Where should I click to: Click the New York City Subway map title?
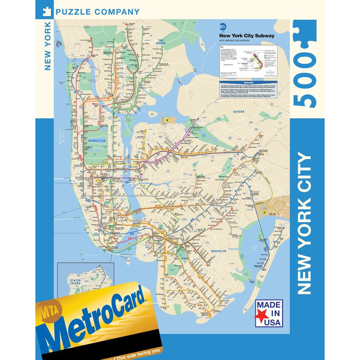(247, 36)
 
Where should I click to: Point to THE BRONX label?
(161, 42)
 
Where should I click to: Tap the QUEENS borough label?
(239, 112)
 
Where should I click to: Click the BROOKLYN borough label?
(219, 251)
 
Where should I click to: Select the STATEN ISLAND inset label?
(75, 282)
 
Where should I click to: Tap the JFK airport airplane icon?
(265, 213)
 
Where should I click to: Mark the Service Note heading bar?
(248, 83)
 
